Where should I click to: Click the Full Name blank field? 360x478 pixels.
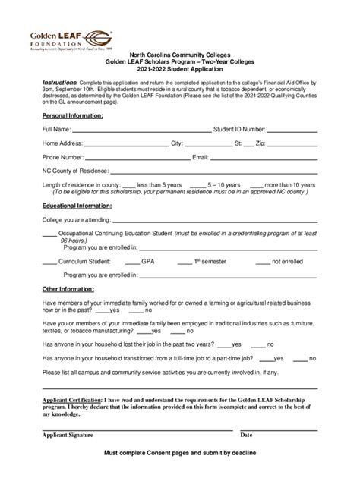pyautogui.click(x=136, y=131)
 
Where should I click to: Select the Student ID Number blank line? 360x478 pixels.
pyautogui.click(x=292, y=131)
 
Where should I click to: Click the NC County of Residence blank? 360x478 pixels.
pyautogui.click(x=213, y=172)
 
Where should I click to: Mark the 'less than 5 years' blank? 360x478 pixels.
pyautogui.click(x=128, y=186)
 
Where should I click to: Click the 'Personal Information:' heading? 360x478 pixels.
pyautogui.click(x=72, y=115)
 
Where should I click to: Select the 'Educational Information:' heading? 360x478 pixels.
pyautogui.click(x=77, y=206)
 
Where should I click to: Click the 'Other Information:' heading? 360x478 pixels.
pyautogui.click(x=68, y=289)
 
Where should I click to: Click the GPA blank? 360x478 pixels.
pyautogui.click(x=131, y=263)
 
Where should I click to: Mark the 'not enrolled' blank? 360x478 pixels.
pyautogui.click(x=263, y=263)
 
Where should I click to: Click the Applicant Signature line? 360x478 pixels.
pyautogui.click(x=137, y=430)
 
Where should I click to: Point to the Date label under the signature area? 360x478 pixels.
pyautogui.click(x=246, y=436)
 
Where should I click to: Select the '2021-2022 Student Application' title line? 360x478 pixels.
pyautogui.click(x=181, y=69)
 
